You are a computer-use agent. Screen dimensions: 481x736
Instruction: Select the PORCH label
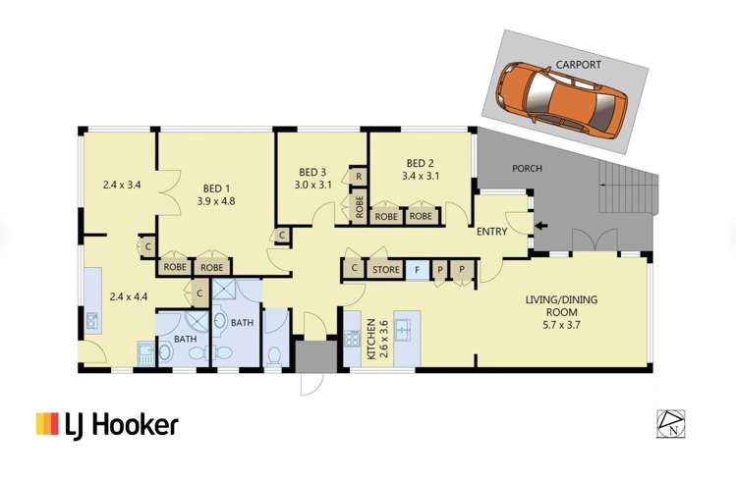(527, 168)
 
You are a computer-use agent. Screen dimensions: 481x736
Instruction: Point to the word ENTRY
(493, 233)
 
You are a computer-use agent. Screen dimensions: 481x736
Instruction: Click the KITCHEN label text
(371, 338)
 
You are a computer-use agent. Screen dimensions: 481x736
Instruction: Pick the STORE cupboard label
(383, 268)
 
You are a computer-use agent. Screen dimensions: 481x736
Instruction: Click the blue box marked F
(417, 268)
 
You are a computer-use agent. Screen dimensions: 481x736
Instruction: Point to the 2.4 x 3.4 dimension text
(123, 183)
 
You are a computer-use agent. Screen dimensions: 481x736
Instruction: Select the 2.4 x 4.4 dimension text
(130, 295)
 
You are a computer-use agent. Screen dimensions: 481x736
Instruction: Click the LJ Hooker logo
(107, 424)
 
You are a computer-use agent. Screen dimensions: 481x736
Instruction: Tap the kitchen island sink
(408, 325)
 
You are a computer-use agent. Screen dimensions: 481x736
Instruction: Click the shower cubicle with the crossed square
(224, 291)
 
